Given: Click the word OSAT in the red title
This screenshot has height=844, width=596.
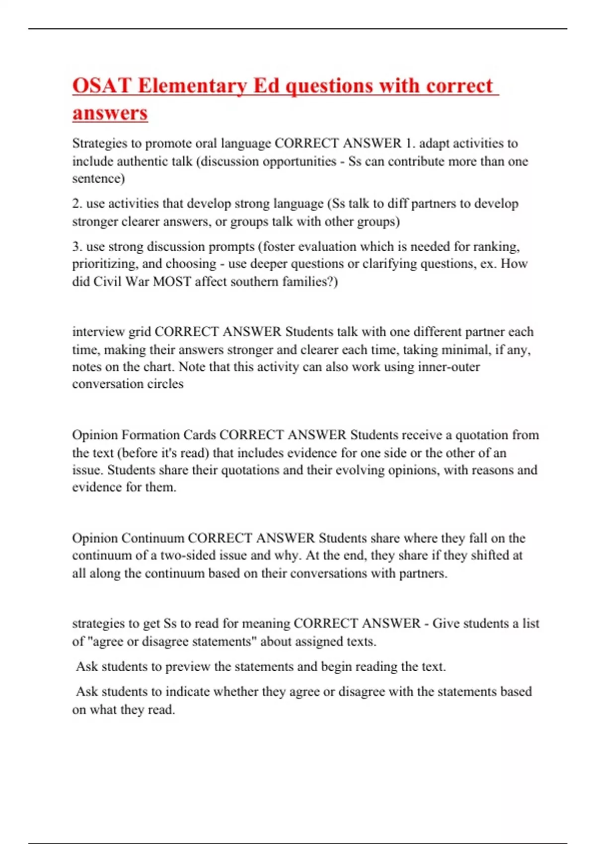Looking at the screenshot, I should pyautogui.click(x=102, y=86).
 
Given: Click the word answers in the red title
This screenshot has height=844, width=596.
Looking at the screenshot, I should pyautogui.click(x=110, y=113).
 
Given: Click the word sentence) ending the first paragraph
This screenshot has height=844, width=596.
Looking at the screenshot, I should pyautogui.click(x=98, y=178).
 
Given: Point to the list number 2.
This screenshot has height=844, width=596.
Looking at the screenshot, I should pyautogui.click(x=77, y=204).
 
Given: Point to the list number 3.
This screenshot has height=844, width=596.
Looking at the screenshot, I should pyautogui.click(x=77, y=247).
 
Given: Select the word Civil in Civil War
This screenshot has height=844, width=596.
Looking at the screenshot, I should pyautogui.click(x=107, y=281).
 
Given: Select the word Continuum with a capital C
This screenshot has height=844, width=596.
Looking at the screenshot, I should pyautogui.click(x=152, y=538).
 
